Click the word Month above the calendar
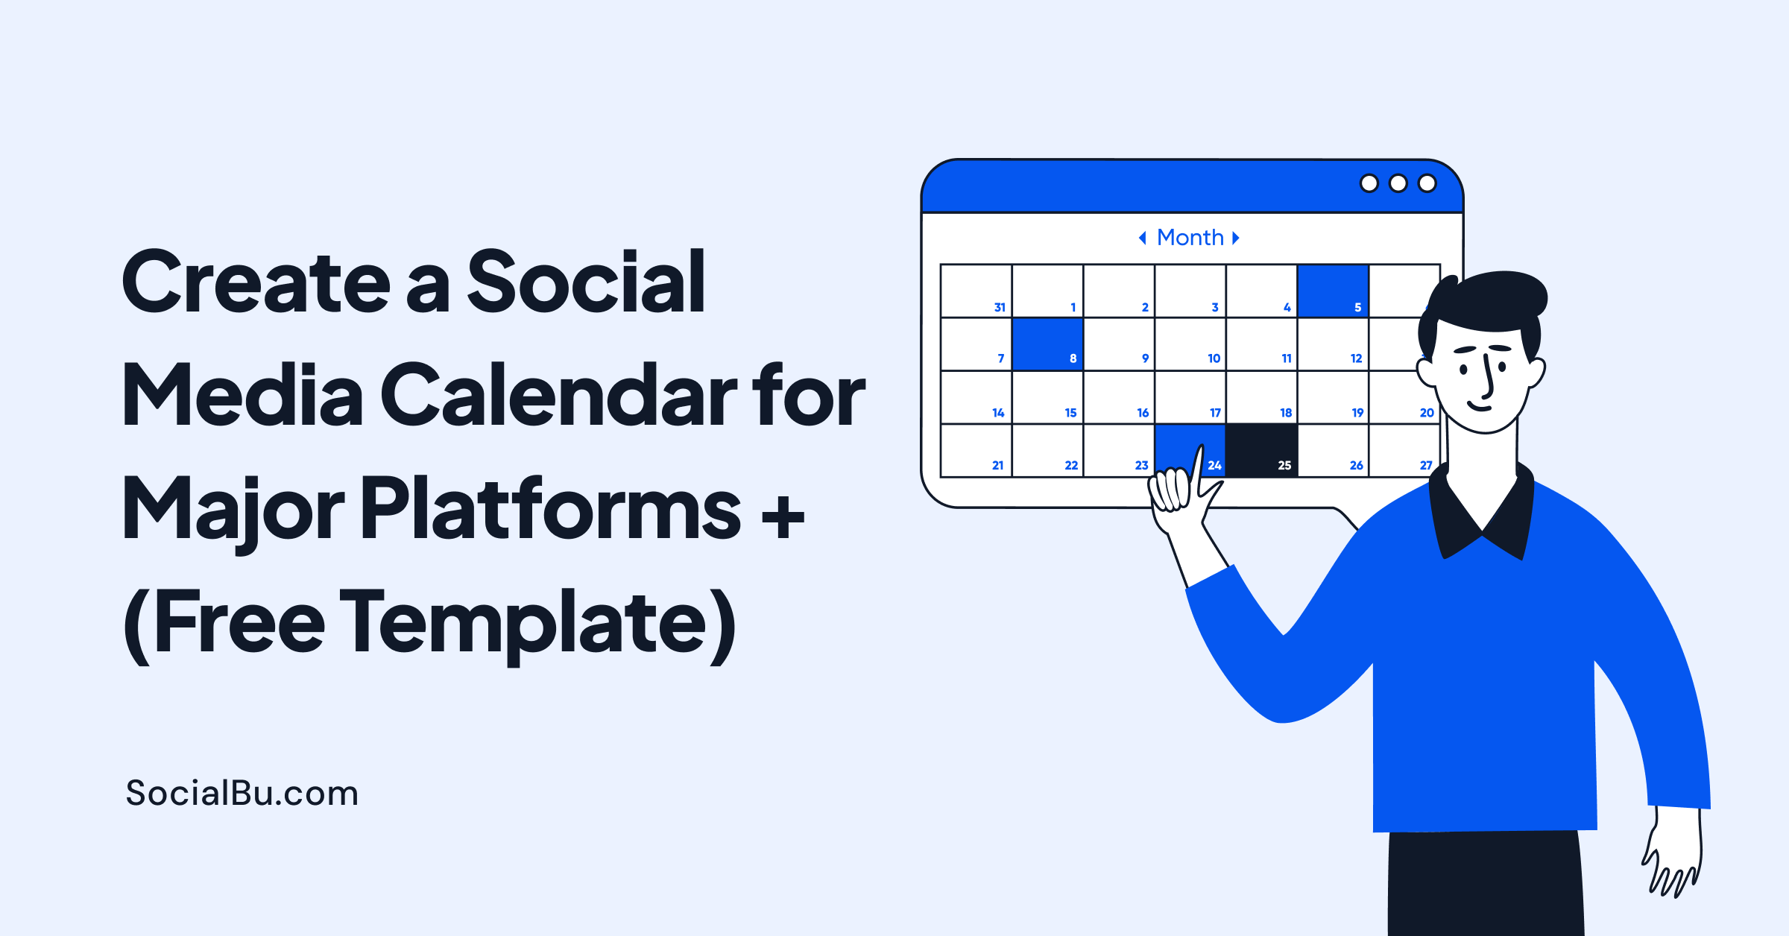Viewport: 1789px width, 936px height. pos(1190,238)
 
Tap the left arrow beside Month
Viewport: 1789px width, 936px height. pos(1142,238)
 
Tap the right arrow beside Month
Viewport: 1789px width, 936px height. pos(1236,238)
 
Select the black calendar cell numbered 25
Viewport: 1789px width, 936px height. pos(1262,450)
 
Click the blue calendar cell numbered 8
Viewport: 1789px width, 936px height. pos(1047,344)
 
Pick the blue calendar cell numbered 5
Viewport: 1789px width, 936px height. pos(1333,291)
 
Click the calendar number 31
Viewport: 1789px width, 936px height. pos(1000,307)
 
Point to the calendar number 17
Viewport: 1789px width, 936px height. pos(1215,413)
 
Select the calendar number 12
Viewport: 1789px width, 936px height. pos(1356,358)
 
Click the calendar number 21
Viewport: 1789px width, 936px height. pos(997,465)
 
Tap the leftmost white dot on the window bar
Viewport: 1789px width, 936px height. pos(1369,183)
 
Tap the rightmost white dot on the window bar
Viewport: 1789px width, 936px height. pos(1427,183)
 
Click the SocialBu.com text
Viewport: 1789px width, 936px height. pos(242,793)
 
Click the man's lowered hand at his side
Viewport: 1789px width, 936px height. pos(1673,857)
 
